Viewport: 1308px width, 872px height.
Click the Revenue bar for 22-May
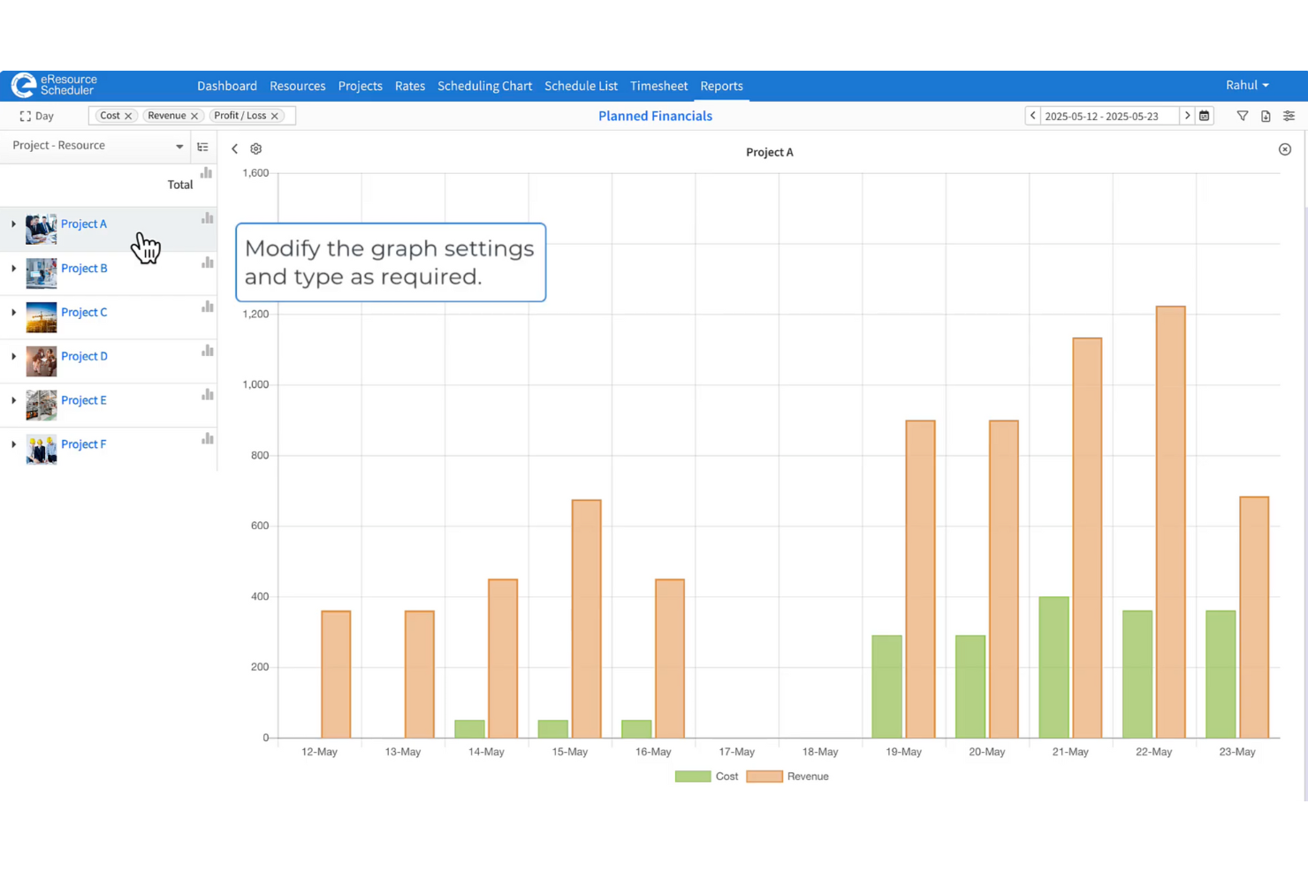[x=1170, y=521]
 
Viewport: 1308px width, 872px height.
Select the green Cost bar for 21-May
[x=1053, y=667]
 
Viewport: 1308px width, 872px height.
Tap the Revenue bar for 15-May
[x=586, y=618]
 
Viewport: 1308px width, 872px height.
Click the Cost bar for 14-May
[x=469, y=729]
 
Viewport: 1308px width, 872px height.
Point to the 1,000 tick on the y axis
[x=255, y=384]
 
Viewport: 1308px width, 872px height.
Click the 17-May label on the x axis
[x=736, y=752]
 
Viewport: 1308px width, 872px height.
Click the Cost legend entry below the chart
[x=707, y=777]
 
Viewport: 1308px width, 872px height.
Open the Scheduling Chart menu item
[x=484, y=86]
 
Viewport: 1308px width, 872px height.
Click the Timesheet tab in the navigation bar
[x=658, y=86]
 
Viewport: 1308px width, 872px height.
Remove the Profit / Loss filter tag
[x=275, y=116]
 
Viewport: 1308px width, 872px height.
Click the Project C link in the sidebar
[x=84, y=312]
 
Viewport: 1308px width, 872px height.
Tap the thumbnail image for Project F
[x=42, y=450]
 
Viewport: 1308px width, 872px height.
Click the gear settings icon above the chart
[x=256, y=149]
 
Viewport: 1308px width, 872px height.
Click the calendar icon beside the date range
[x=1204, y=116]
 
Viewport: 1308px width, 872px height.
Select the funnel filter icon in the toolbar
[x=1243, y=116]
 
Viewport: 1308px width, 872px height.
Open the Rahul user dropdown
[x=1247, y=85]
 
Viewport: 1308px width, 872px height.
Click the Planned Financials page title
[x=655, y=116]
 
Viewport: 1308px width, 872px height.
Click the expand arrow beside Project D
[x=13, y=356]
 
